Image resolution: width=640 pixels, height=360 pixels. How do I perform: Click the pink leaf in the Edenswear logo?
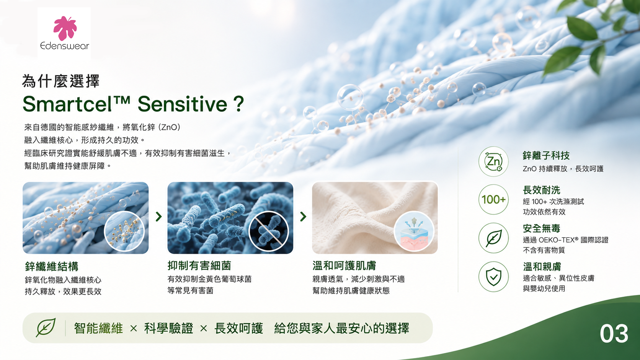coord(65,28)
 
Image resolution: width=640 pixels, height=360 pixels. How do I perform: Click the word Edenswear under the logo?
coord(65,46)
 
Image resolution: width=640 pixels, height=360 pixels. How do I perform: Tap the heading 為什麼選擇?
coord(61,81)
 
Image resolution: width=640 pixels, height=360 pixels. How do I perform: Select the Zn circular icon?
coord(493,161)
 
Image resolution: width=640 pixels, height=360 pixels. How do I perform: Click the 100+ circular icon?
coord(493,200)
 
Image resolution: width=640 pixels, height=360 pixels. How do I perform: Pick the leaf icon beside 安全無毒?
coord(493,238)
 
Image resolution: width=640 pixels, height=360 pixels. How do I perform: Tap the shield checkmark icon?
coord(493,277)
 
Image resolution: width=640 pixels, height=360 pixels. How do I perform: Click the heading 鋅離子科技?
coord(546,156)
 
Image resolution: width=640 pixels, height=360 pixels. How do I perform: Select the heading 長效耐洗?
coord(541,190)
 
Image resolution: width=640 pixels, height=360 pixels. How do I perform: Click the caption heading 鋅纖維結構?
coord(51,266)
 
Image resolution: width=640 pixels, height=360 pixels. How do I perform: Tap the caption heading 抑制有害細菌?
coord(199,266)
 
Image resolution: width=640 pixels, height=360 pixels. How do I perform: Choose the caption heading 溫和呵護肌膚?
coord(344,266)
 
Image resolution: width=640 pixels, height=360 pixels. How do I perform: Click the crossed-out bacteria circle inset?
coord(269,231)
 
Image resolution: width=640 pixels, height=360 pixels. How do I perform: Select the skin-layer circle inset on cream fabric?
coord(414,231)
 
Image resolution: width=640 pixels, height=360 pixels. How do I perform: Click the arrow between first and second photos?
coord(158,217)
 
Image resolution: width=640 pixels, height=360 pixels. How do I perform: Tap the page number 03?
coord(614,334)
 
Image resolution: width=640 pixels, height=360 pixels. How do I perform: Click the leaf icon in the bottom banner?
coord(46,327)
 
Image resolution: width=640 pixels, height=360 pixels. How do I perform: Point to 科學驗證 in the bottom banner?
coord(168,328)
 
